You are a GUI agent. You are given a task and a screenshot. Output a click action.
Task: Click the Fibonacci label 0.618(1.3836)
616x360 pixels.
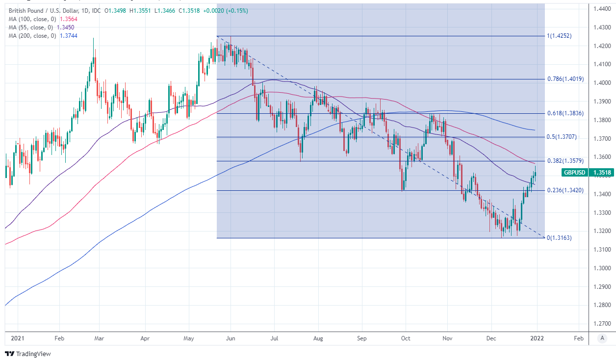[x=565, y=113]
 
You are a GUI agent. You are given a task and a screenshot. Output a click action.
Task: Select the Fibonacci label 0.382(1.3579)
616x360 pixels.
[x=565, y=161]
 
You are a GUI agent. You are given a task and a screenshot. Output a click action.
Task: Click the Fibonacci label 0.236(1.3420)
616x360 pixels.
[x=565, y=190]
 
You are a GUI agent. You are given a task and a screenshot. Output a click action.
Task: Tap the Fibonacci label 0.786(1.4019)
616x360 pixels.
[x=565, y=79]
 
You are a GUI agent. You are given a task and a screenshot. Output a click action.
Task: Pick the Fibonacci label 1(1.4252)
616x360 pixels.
[x=559, y=36]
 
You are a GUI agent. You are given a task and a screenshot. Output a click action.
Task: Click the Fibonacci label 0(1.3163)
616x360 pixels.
[x=559, y=238]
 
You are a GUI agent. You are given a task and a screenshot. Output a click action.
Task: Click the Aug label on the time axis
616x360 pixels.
[x=318, y=338]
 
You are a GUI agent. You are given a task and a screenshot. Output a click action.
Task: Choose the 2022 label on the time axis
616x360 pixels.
[x=537, y=338]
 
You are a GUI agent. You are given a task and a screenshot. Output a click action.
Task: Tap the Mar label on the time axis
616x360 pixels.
[x=99, y=338]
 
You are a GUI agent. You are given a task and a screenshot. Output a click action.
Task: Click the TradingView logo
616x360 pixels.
[x=28, y=354]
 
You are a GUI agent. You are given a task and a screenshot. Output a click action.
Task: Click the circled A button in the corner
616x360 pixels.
[x=602, y=338]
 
